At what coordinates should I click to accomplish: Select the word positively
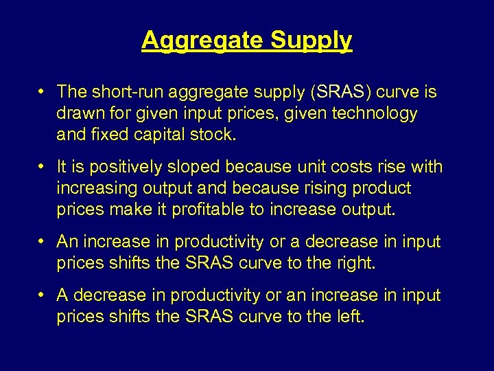coord(121,167)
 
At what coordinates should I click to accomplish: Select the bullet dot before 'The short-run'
coord(43,91)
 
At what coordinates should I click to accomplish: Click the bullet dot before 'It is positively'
coord(43,167)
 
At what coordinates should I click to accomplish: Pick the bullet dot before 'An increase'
coord(43,242)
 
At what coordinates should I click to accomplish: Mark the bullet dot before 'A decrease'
coord(43,295)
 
